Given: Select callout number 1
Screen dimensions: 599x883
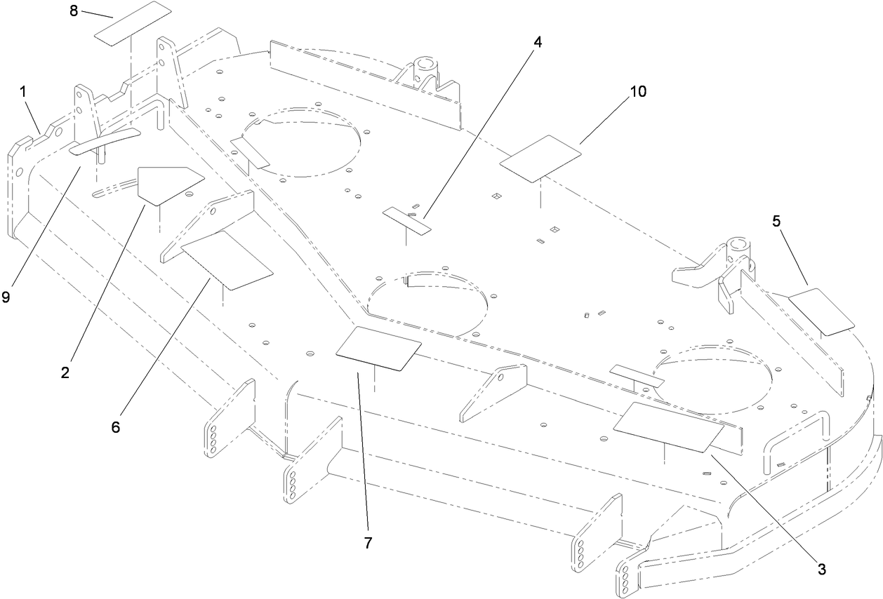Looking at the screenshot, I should click(x=23, y=91).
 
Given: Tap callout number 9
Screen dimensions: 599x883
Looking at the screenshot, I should click(x=6, y=297).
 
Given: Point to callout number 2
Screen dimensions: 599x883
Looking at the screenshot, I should click(x=65, y=373).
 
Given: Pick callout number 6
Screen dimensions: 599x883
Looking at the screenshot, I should click(x=116, y=426).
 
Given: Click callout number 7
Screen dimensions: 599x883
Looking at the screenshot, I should click(x=369, y=542).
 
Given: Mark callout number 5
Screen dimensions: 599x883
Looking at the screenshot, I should click(x=776, y=221).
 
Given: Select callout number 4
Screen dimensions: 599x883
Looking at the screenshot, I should click(x=538, y=41).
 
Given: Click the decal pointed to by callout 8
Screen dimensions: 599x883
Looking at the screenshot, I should click(x=133, y=24).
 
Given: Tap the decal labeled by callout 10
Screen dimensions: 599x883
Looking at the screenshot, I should click(x=540, y=156).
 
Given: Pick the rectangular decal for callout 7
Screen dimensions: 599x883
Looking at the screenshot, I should click(x=378, y=348).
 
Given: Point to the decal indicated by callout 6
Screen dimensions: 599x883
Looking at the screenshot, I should click(x=227, y=260).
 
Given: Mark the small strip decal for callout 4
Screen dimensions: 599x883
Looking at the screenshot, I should click(x=407, y=220).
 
